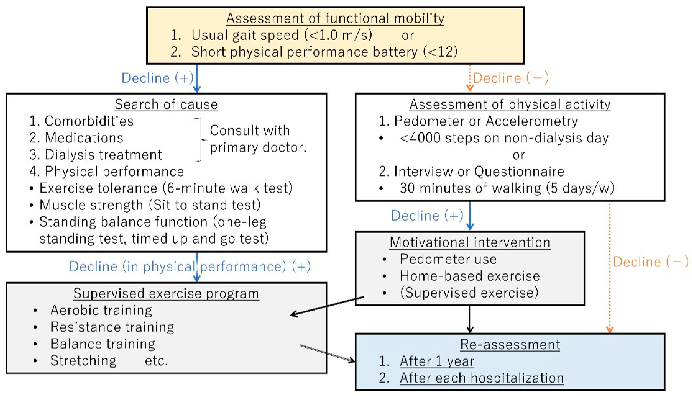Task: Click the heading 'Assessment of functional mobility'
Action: coord(335,18)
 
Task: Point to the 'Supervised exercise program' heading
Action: coord(166,293)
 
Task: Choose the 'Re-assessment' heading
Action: coord(510,344)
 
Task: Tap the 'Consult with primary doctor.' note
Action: coord(257,139)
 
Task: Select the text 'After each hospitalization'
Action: coord(481,378)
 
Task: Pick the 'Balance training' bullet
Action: coord(103,344)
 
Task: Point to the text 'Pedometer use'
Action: coord(448,259)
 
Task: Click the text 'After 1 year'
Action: coord(437,361)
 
